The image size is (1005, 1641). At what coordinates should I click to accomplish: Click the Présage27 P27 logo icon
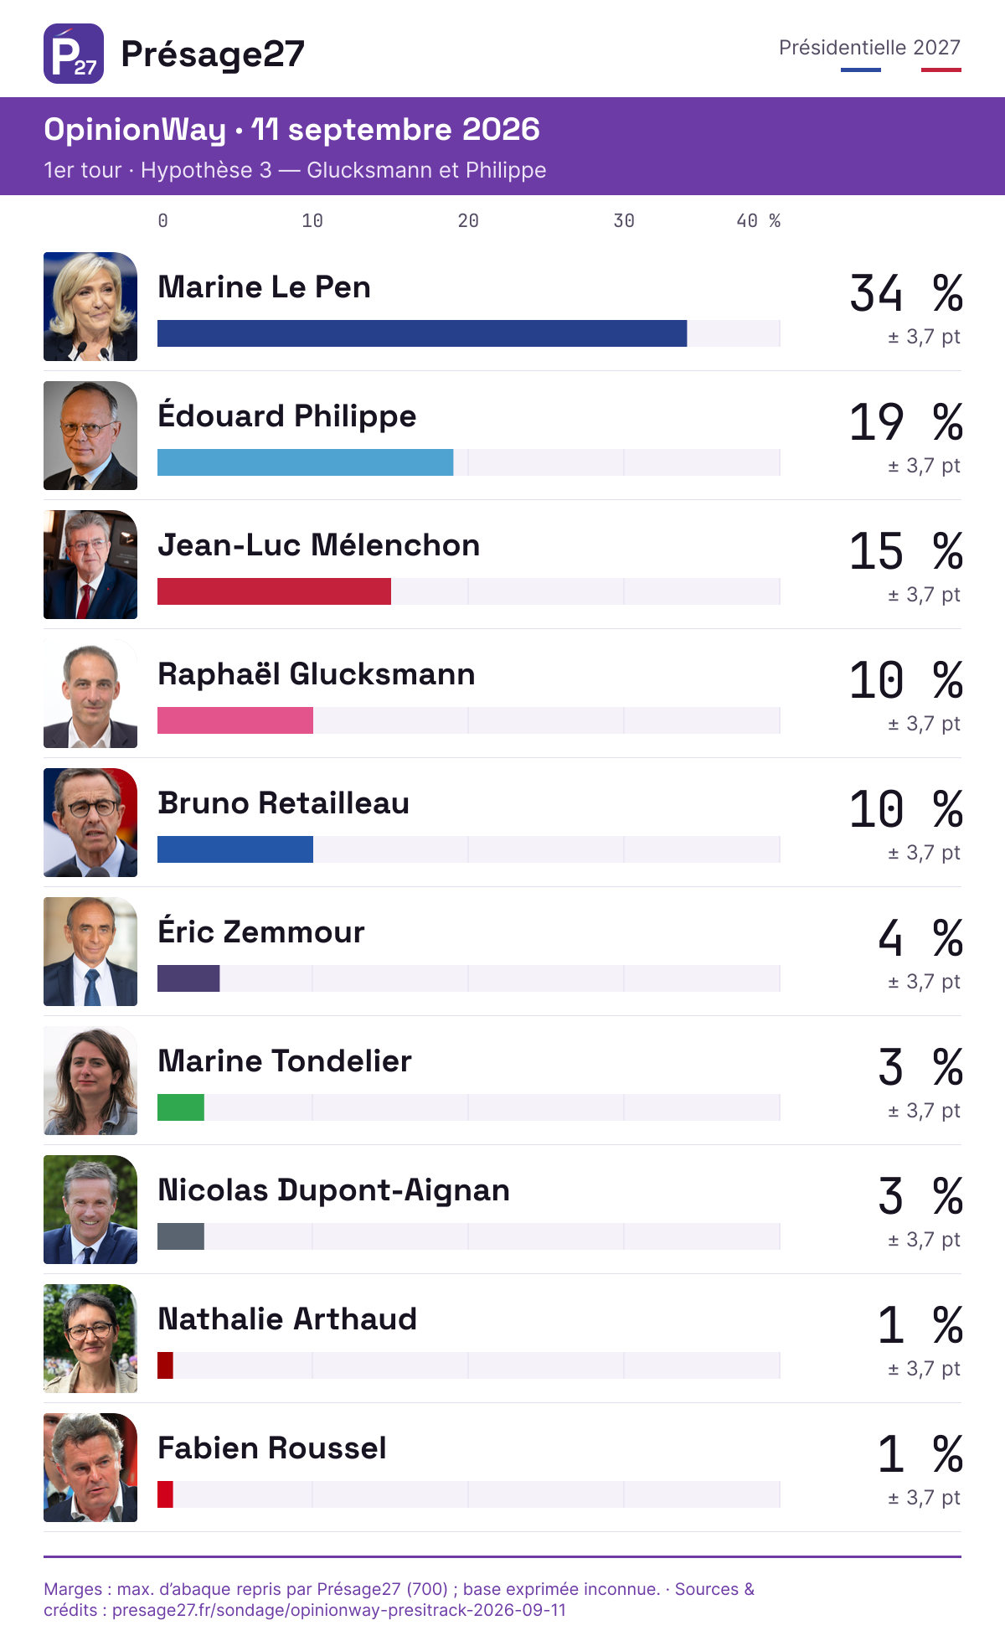(74, 54)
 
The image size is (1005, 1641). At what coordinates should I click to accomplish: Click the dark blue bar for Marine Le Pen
(422, 333)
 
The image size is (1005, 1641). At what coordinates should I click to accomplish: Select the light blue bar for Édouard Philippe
(306, 462)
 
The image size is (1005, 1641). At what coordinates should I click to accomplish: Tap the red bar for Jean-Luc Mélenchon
(274, 591)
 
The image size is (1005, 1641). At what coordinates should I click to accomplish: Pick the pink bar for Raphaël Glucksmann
(235, 720)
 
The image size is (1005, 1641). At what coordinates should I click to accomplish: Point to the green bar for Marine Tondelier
(181, 1107)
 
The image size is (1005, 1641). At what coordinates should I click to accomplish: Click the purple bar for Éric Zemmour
(188, 978)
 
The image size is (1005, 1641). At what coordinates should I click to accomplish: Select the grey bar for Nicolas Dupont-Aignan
(181, 1236)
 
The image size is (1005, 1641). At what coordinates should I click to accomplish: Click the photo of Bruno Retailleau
(90, 823)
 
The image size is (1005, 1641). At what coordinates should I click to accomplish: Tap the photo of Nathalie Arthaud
(90, 1339)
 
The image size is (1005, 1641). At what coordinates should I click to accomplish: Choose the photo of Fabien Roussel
(90, 1468)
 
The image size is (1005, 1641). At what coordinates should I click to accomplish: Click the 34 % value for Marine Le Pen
(906, 293)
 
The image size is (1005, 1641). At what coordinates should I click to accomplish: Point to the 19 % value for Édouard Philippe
(906, 422)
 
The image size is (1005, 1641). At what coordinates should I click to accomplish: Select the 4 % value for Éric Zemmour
(920, 938)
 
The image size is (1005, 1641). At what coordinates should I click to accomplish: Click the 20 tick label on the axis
(468, 221)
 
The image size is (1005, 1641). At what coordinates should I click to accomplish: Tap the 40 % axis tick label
(758, 221)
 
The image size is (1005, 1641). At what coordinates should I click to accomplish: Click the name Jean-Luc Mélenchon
(319, 545)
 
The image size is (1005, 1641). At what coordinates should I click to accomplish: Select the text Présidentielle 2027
(869, 48)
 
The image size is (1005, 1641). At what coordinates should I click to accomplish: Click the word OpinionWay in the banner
(135, 130)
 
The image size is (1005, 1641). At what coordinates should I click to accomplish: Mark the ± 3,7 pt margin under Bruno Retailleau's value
(924, 853)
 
